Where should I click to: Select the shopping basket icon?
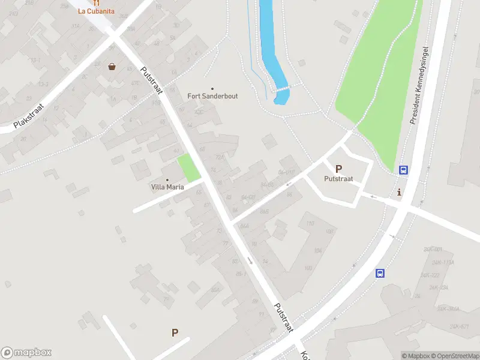(x=112, y=67)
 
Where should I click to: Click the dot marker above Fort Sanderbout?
(x=211, y=89)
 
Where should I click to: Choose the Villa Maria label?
(x=167, y=187)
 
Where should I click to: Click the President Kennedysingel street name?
(x=421, y=85)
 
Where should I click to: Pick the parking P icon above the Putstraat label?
(x=338, y=169)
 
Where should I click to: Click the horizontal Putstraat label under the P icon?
(x=338, y=179)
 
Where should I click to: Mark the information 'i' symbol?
(x=400, y=192)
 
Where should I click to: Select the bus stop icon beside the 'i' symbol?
(x=404, y=170)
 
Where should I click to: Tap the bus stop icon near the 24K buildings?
(x=380, y=274)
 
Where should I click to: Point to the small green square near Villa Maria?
(x=189, y=169)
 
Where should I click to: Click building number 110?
(x=310, y=224)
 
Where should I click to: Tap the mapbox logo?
(x=26, y=353)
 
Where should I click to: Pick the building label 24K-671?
(x=458, y=326)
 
